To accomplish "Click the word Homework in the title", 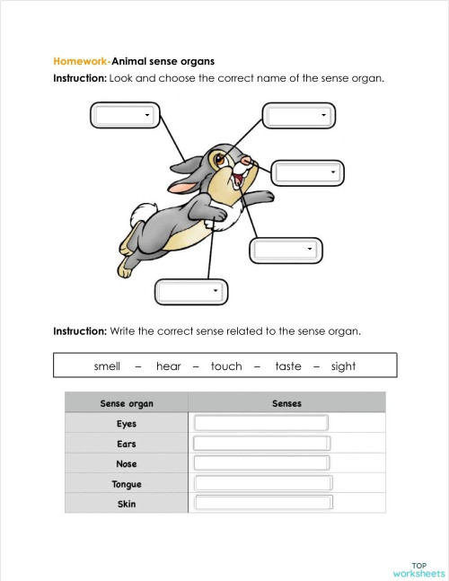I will click(x=81, y=61).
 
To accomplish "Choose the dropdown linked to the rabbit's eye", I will click(x=298, y=116).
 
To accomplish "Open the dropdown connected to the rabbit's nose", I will click(x=308, y=172).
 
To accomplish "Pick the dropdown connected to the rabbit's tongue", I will click(x=285, y=250).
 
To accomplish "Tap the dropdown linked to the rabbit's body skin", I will click(x=190, y=292).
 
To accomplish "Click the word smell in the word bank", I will click(x=107, y=366).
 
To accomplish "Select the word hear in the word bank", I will click(x=168, y=366).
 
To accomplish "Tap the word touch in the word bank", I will click(x=226, y=366).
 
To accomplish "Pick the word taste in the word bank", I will click(x=288, y=366).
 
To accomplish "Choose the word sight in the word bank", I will click(x=343, y=366).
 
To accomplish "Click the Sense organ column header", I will click(x=127, y=403).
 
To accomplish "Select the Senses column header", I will click(x=286, y=403).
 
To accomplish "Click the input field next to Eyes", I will click(x=261, y=423).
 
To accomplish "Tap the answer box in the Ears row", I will click(x=261, y=444).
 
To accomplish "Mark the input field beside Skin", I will click(x=263, y=503).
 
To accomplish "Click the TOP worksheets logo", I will click(x=418, y=569).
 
